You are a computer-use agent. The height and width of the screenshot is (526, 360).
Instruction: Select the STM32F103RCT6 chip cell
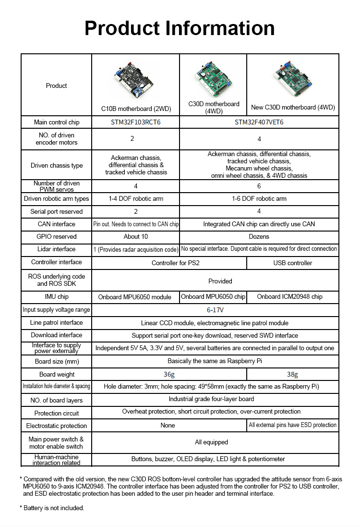pyautogui.click(x=136, y=122)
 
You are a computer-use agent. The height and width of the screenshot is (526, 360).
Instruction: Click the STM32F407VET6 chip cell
pyautogui.click(x=259, y=122)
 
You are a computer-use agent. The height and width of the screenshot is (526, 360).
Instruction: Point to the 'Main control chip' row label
pyautogui.click(x=57, y=122)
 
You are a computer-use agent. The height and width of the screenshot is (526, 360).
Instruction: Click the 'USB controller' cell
pyautogui.click(x=293, y=263)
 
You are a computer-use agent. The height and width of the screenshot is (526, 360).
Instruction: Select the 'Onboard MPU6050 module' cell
pyautogui.click(x=135, y=297)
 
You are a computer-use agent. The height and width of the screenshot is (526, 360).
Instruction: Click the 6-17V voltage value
pyautogui.click(x=216, y=310)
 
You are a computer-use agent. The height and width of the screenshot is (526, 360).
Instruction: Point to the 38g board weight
pyautogui.click(x=292, y=375)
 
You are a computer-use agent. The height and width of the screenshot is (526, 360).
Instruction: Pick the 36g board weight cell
pyautogui.click(x=169, y=375)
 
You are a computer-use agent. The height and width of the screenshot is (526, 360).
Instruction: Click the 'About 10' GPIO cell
pyautogui.click(x=136, y=236)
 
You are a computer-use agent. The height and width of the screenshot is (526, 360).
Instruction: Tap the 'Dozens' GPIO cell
pyautogui.click(x=259, y=236)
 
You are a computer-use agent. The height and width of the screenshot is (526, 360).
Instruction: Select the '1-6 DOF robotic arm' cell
pyautogui.click(x=259, y=198)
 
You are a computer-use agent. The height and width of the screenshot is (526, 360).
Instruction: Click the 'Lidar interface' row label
pyautogui.click(x=57, y=249)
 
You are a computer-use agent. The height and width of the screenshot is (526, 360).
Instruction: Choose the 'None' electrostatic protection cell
pyautogui.click(x=168, y=425)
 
